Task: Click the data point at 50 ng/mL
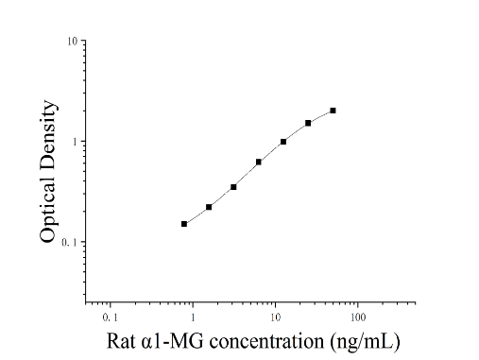coord(333,111)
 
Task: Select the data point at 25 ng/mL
coord(308,123)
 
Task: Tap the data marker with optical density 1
coord(283,142)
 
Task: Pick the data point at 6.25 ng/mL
coord(259,162)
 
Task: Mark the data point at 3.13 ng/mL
coord(233,187)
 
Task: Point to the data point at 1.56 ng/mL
coord(209,207)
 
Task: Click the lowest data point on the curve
coord(184,224)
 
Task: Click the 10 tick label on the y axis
coord(72,41)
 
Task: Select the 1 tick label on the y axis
coord(75,142)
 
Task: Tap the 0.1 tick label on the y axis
coord(69,242)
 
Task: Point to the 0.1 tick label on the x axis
coord(111,317)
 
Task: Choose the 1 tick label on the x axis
coord(193,317)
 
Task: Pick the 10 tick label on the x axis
coord(276,317)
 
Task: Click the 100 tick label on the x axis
coord(358,317)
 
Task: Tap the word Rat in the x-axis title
coord(121,341)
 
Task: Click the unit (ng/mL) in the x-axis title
coord(365,342)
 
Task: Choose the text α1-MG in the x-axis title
coord(173,341)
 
